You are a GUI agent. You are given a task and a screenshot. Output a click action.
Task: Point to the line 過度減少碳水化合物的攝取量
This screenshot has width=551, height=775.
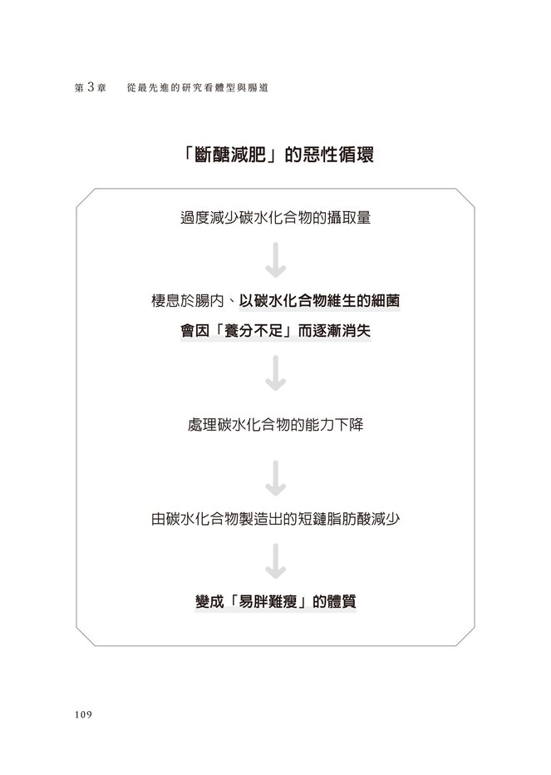click(275, 220)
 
